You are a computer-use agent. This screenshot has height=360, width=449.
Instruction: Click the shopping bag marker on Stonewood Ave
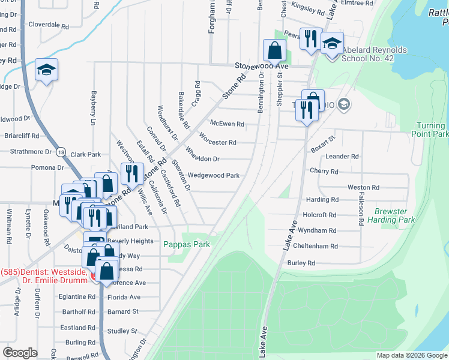[x=274, y=50]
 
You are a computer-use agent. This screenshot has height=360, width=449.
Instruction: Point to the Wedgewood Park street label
[x=214, y=176]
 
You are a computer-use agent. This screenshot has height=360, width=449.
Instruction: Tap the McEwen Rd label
[x=227, y=124]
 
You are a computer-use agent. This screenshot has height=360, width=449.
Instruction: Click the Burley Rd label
[x=301, y=263]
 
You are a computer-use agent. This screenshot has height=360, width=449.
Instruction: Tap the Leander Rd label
[x=342, y=156]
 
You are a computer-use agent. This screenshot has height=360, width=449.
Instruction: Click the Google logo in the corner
[x=20, y=353]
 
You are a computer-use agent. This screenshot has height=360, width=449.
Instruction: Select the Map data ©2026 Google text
[x=411, y=355]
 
